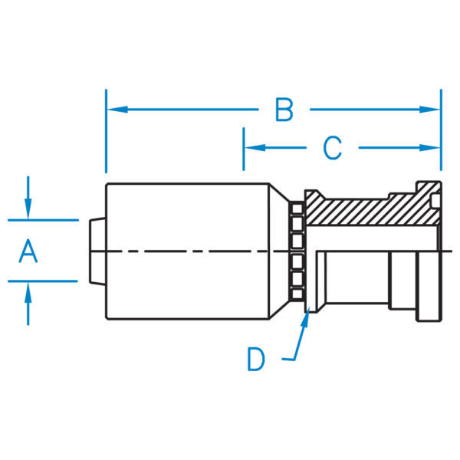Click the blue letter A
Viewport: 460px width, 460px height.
[x=28, y=251]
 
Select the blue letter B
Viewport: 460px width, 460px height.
[x=284, y=110]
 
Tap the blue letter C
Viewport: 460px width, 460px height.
[x=331, y=147]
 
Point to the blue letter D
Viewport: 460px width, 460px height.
[x=256, y=359]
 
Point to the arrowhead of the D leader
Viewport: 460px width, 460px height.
[x=307, y=317]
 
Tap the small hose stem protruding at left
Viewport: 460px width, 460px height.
[x=96, y=251]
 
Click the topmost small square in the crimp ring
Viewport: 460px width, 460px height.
[x=297, y=208]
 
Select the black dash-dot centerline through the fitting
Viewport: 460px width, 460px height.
[x=192, y=251]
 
